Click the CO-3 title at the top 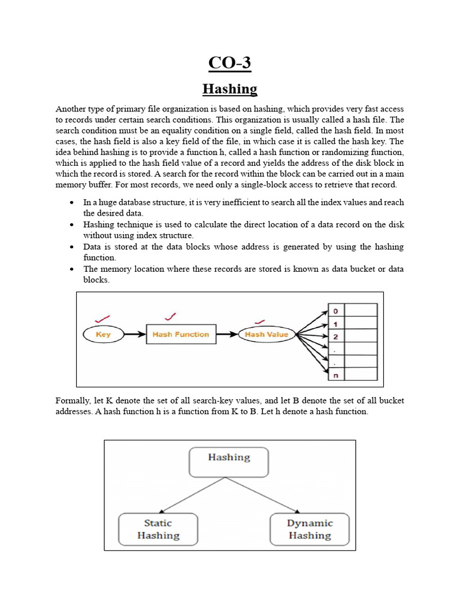click(x=229, y=62)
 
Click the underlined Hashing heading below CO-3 click(x=229, y=89)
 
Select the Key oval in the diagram click(x=103, y=335)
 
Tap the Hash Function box click(x=180, y=335)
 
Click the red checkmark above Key click(x=102, y=318)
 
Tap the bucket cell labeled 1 click(x=335, y=323)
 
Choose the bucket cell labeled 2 click(x=335, y=336)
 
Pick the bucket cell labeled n click(x=335, y=375)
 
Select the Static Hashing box click(x=158, y=529)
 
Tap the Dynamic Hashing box click(x=310, y=529)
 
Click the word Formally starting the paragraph click(x=74, y=400)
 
